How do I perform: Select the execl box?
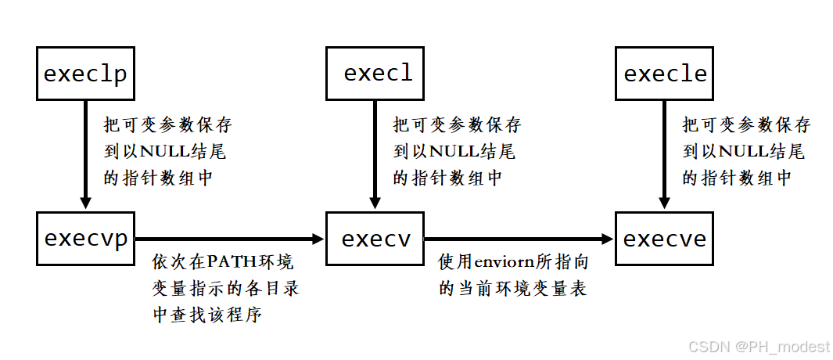pyautogui.click(x=375, y=74)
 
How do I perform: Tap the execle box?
pyautogui.click(x=665, y=74)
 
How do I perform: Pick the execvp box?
pyautogui.click(x=85, y=238)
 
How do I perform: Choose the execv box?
pyautogui.click(x=375, y=238)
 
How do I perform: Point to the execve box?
pyautogui.click(x=665, y=238)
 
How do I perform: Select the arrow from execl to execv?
pyautogui.click(x=375, y=157)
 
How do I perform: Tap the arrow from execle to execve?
pyautogui.click(x=665, y=157)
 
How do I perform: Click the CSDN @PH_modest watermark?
pyautogui.click(x=754, y=345)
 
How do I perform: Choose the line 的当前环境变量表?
pyautogui.click(x=513, y=288)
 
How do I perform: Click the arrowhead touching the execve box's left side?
pyautogui.click(x=607, y=238)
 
